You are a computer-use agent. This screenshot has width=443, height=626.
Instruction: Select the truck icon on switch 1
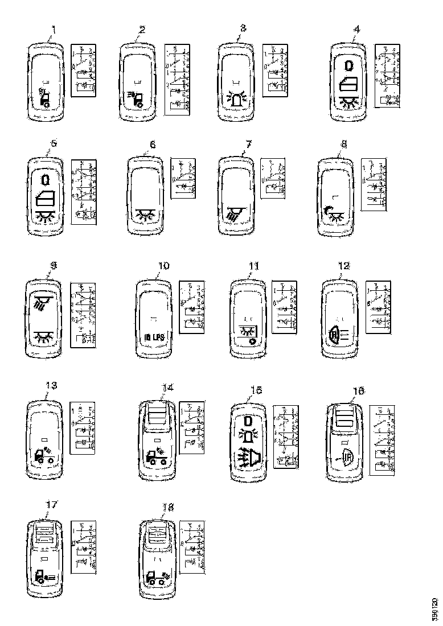44,101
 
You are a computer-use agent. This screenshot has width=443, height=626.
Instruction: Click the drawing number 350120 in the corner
435,609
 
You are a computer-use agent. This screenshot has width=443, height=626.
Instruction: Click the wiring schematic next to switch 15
283,436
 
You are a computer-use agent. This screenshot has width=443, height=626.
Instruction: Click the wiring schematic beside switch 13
81,427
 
